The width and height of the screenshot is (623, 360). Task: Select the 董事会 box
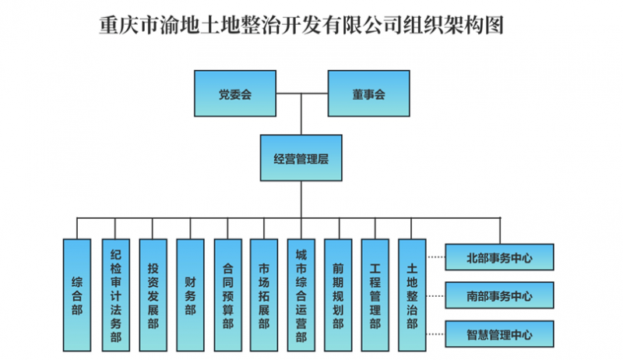point(368,94)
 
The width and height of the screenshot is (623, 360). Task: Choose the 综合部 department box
point(76,294)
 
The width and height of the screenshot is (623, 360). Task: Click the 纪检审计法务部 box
point(114,294)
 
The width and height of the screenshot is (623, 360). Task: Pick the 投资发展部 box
point(153,294)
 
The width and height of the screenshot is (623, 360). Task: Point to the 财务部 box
point(190,294)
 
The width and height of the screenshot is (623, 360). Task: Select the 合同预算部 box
point(227,294)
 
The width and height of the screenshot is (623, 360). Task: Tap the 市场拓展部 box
point(264,294)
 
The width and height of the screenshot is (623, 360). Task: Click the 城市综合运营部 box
point(301,294)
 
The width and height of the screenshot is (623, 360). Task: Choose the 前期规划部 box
point(338,294)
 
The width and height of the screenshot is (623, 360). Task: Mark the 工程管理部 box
point(375,294)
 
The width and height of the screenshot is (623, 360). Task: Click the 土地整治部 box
point(412,294)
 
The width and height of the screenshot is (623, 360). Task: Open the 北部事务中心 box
point(499,256)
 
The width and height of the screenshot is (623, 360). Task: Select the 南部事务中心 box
point(499,295)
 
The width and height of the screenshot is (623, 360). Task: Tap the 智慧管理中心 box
point(499,334)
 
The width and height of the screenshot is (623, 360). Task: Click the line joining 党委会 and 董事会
point(301,94)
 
